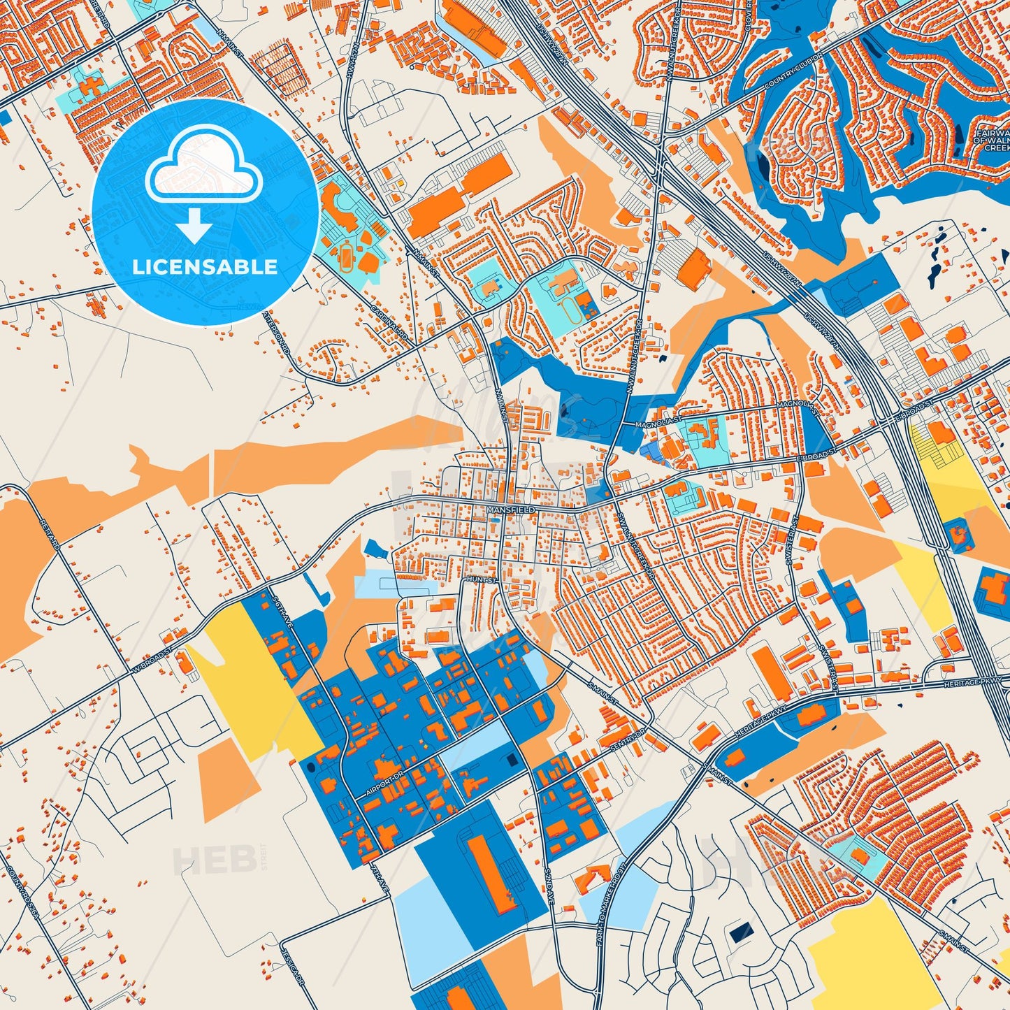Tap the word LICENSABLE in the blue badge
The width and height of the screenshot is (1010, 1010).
click(205, 266)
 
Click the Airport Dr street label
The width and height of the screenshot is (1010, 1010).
click(384, 786)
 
